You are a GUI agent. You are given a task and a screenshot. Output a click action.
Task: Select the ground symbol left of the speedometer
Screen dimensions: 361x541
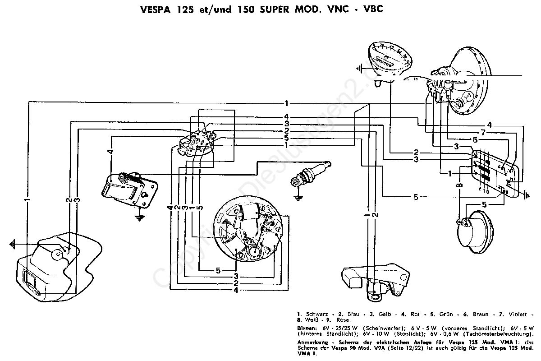(359, 69)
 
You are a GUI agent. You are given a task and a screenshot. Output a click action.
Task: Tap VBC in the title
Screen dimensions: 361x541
(373, 9)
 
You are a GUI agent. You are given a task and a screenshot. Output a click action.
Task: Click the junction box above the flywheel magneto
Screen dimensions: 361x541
(197, 142)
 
